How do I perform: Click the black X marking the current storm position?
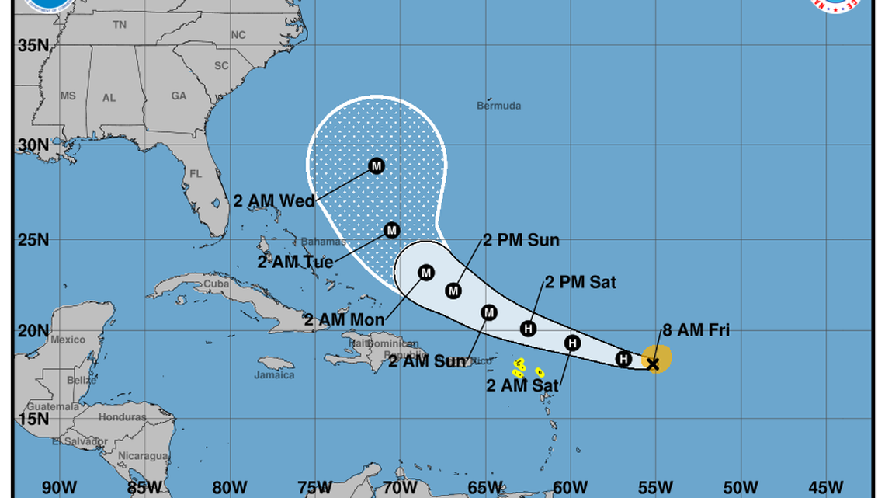point(653,363)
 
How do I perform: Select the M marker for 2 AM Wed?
point(377,165)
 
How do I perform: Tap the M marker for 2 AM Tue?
point(392,230)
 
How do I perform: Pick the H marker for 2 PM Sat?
point(529,329)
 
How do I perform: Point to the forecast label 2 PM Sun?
point(521,240)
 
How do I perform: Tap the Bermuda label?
point(499,106)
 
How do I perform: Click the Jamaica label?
point(275,375)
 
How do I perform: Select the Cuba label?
point(217,284)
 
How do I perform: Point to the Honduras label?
point(123,417)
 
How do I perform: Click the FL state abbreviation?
point(196,173)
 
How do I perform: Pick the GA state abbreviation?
point(179,96)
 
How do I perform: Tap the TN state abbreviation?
point(119,25)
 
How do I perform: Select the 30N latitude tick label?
point(33,145)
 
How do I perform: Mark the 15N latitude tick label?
point(33,420)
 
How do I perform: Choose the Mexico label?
point(68,340)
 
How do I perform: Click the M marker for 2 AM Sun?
point(489,312)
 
